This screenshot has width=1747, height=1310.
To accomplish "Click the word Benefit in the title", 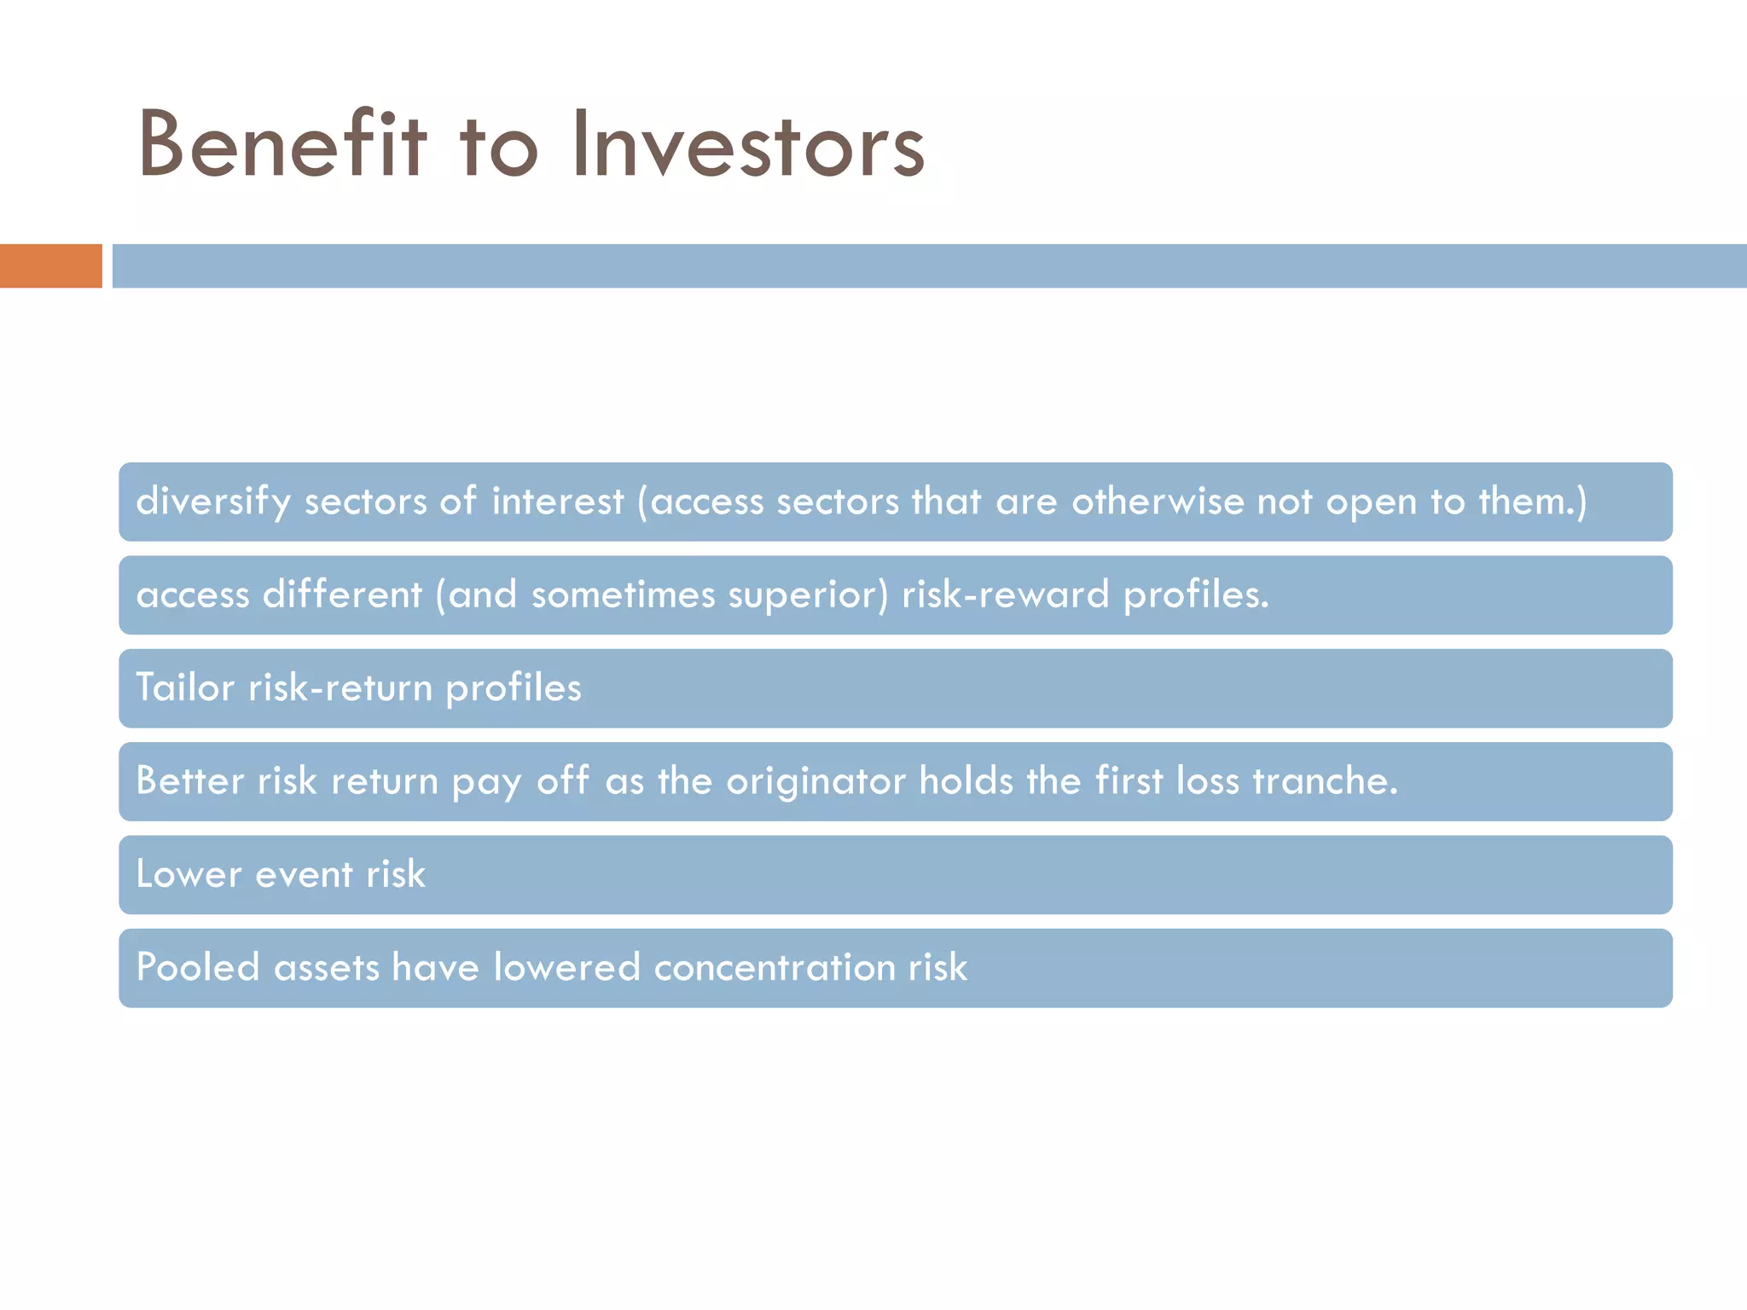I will (281, 145).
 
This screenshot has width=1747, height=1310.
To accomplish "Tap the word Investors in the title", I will (748, 145).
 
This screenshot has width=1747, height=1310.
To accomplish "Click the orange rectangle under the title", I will (50, 266).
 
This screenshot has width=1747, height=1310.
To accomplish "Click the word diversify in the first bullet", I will (213, 501).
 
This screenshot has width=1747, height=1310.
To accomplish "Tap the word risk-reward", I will (1005, 595).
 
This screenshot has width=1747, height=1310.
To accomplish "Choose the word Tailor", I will (184, 688).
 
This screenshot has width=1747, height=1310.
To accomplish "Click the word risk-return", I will (340, 688).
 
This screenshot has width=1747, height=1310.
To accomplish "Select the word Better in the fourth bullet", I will (189, 781).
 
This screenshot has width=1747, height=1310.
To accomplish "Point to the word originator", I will (815, 781).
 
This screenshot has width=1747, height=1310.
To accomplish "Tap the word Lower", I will (189, 875).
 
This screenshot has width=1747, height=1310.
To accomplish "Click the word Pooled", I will (198, 968).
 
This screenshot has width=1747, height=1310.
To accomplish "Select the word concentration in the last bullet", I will (774, 968).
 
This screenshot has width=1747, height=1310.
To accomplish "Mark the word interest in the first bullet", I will (557, 501).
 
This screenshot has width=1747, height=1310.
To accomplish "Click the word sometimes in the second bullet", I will (623, 595).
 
